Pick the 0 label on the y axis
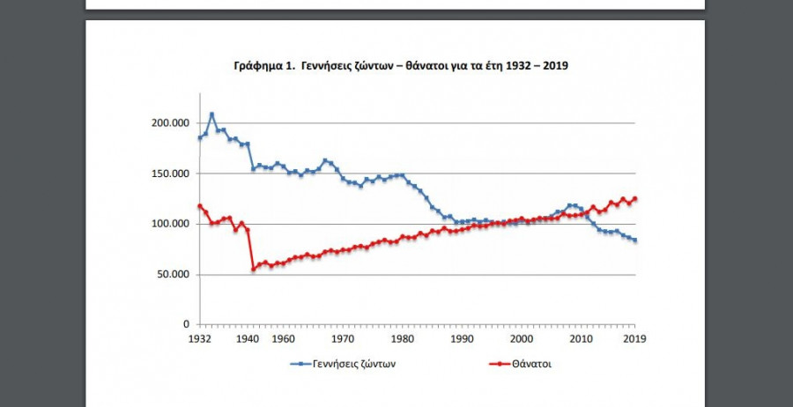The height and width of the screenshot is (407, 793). [x=185, y=325]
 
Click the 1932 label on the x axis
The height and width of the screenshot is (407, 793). [x=199, y=338]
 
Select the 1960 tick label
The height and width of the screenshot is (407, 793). [x=283, y=338]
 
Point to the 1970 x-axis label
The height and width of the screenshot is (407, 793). [x=343, y=338]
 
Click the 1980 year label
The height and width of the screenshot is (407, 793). [x=403, y=338]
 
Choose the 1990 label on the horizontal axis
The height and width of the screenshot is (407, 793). [x=462, y=338]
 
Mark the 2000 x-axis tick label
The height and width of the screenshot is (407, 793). [x=522, y=338]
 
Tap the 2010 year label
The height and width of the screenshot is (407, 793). [x=581, y=338]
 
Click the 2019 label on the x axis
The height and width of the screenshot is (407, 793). [x=634, y=338]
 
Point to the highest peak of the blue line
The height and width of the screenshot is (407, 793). [x=211, y=114]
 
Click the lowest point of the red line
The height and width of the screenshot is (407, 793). [x=254, y=269]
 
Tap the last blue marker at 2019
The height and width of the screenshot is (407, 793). [x=635, y=240]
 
